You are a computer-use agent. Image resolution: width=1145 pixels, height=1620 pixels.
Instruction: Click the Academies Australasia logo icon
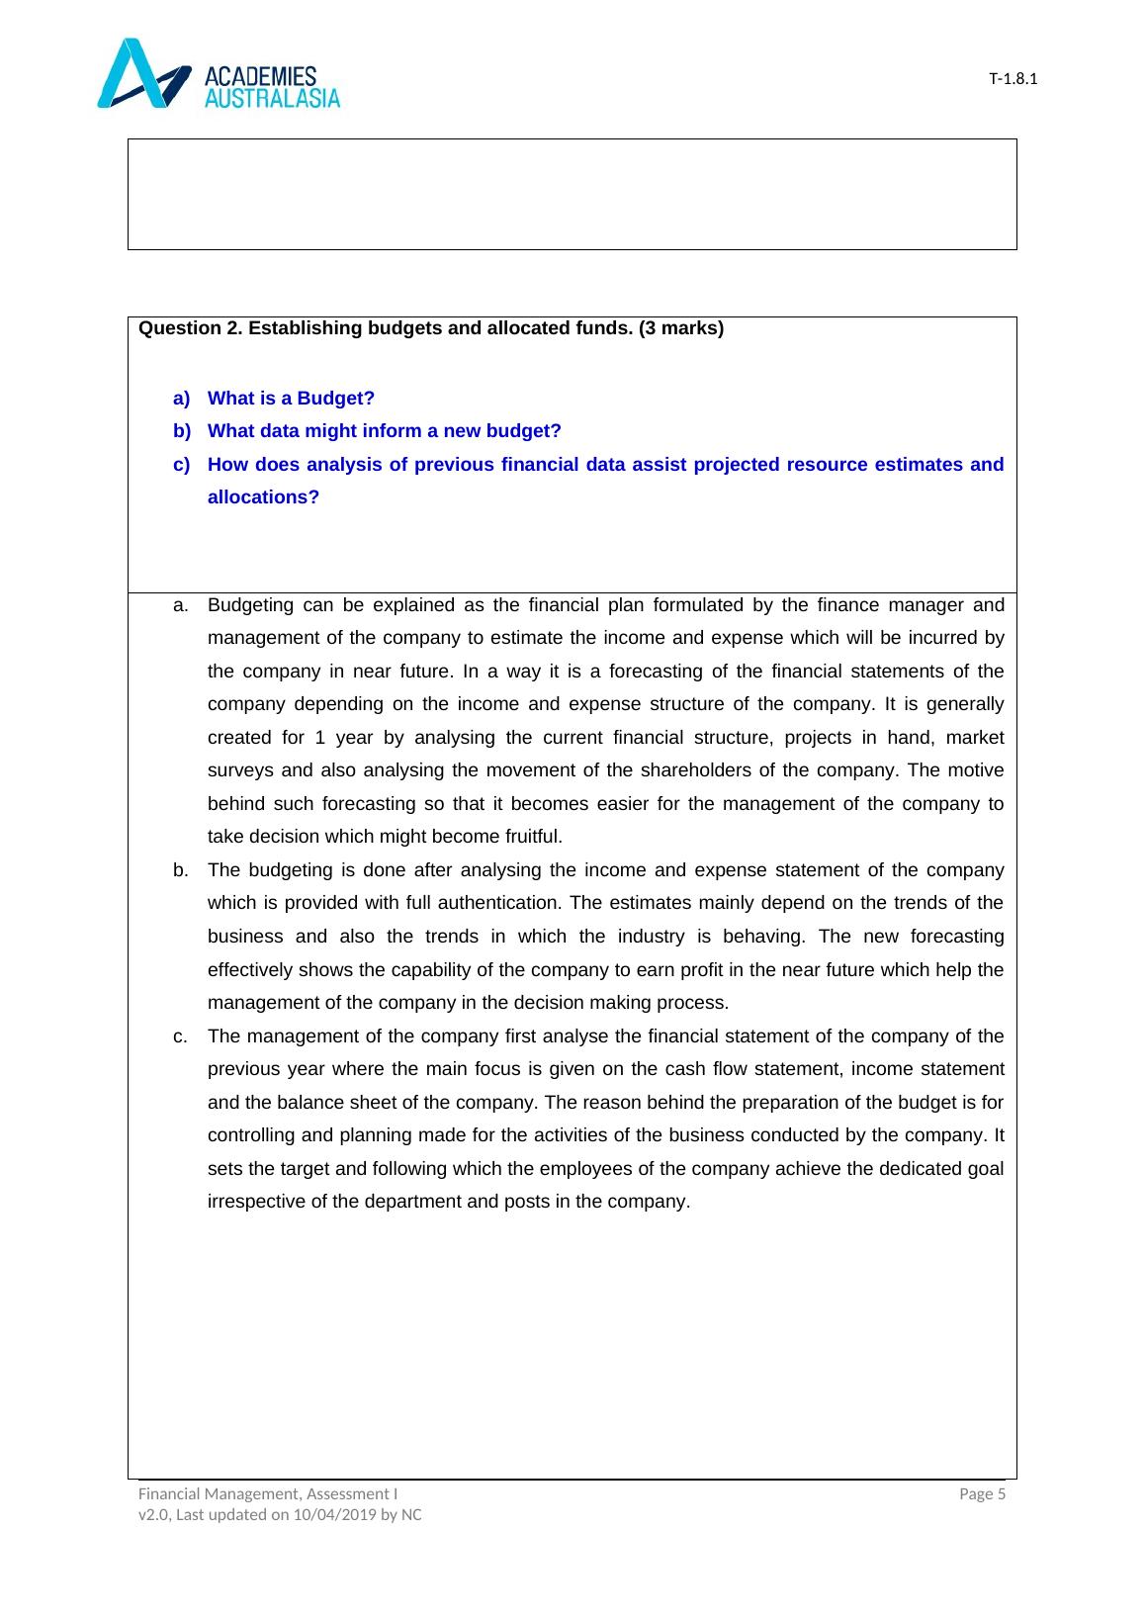pos(143,74)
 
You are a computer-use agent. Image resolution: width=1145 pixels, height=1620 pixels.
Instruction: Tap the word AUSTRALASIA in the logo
pos(272,97)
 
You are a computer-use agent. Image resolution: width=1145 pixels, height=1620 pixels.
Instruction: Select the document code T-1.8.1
pos(1013,79)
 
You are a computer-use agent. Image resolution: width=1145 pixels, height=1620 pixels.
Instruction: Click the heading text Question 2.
pos(191,328)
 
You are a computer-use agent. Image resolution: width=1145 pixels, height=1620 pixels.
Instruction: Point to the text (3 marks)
pos(681,328)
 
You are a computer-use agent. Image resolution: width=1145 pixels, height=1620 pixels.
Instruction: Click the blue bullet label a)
pos(181,399)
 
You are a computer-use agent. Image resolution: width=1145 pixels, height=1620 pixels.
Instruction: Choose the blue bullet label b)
pos(181,431)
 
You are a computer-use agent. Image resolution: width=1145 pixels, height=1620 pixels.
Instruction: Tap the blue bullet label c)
pos(181,465)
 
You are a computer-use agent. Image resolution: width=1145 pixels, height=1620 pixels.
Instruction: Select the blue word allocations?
pos(263,497)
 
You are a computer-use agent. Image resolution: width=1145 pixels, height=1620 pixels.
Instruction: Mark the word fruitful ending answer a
pos(531,837)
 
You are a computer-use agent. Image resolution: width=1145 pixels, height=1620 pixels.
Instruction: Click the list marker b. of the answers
pos(180,870)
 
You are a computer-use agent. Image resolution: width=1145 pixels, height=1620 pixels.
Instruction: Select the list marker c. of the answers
pos(180,1036)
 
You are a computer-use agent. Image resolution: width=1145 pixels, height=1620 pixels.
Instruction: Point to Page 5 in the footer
pos(983,1494)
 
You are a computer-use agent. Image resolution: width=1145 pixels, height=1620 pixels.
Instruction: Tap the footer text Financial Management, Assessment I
pos(268,1494)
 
